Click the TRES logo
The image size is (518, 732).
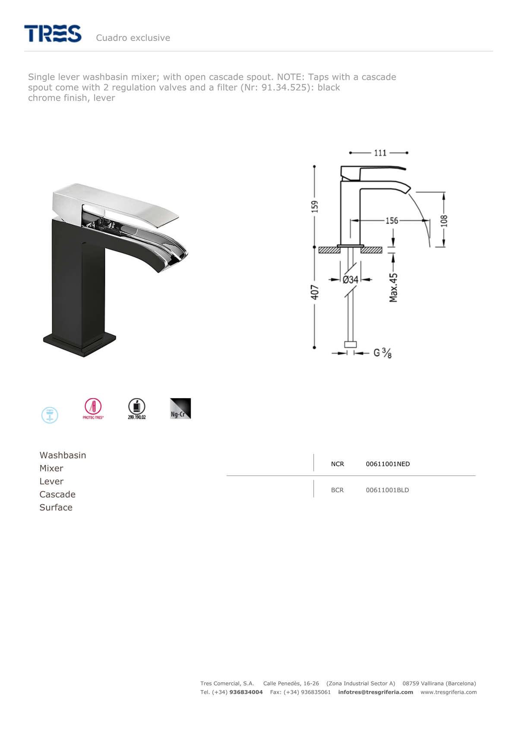click(x=53, y=34)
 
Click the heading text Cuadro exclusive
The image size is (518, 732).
click(x=133, y=38)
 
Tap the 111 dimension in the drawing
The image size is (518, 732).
click(x=380, y=153)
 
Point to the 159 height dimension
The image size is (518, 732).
click(x=314, y=207)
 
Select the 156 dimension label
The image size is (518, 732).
click(x=392, y=221)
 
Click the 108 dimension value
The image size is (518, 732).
click(x=444, y=221)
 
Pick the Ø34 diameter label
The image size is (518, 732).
click(x=351, y=280)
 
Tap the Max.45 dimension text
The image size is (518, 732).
click(x=393, y=288)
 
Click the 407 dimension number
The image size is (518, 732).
click(x=314, y=292)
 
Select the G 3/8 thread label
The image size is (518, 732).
click(x=382, y=353)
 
